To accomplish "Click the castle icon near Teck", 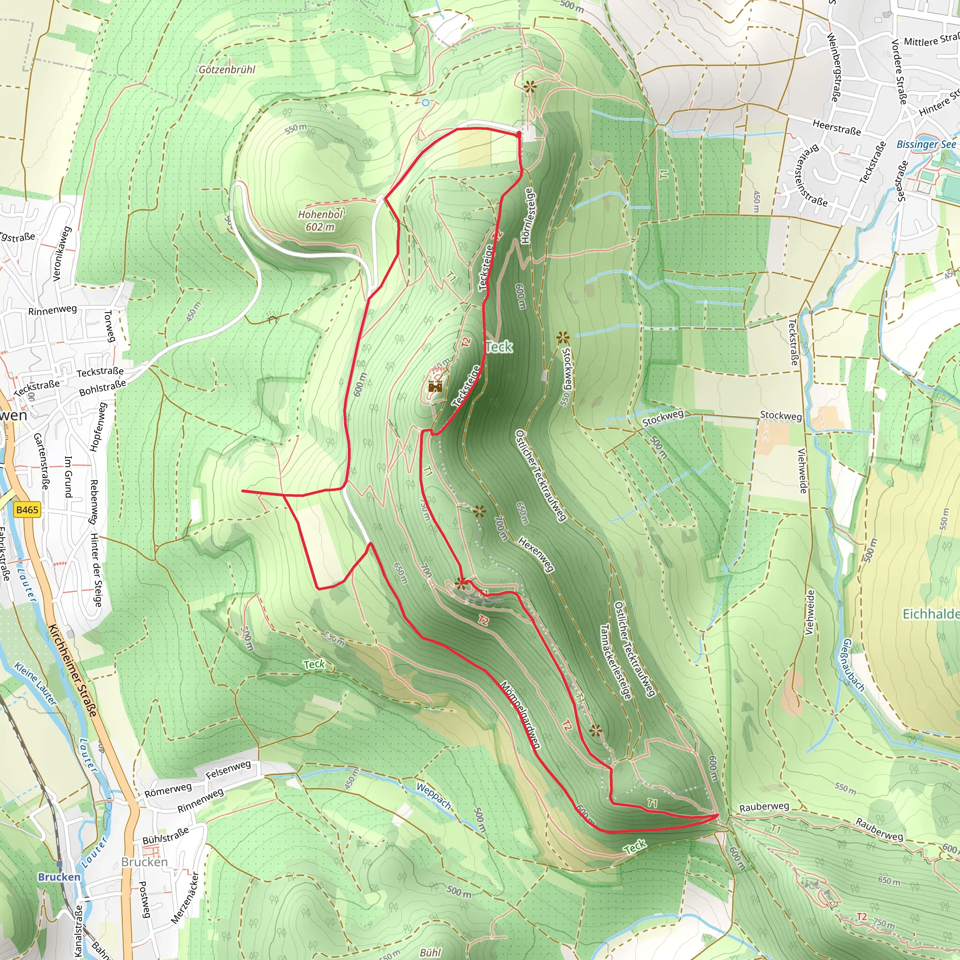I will click(x=435, y=386).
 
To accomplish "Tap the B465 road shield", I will click(x=27, y=510).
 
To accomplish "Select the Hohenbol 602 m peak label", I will click(x=321, y=221).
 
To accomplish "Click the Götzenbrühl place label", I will click(x=227, y=69).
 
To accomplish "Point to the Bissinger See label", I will click(x=926, y=144).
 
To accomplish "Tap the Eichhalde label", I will click(x=930, y=614).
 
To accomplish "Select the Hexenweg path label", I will click(x=536, y=554).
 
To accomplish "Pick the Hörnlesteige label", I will click(x=528, y=216).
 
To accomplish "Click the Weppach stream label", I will click(x=434, y=796).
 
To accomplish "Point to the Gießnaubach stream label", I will click(x=853, y=665).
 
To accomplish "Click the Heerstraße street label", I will click(x=836, y=127).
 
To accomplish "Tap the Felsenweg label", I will click(x=228, y=770).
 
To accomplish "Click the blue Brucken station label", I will click(x=59, y=877).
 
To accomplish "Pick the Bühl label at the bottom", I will click(x=430, y=952).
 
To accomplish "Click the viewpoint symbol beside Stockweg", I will click(x=562, y=338).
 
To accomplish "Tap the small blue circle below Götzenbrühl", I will click(x=425, y=103).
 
